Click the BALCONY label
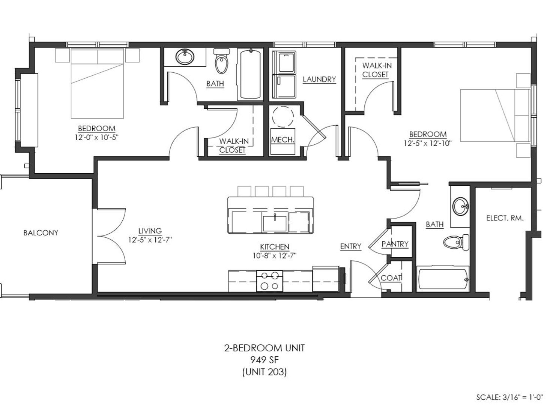click(x=41, y=233)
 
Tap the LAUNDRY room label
click(x=319, y=79)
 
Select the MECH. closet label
click(x=283, y=140)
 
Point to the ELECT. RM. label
click(x=505, y=218)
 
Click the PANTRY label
click(x=395, y=244)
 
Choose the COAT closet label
click(x=391, y=278)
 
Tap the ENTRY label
click(x=350, y=246)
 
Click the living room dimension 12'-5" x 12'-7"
click(x=150, y=240)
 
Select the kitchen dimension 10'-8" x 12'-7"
click(x=275, y=255)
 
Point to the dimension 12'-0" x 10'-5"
click(x=97, y=137)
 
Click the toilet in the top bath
click(x=221, y=61)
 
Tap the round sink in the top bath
click(x=185, y=57)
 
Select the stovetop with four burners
click(x=270, y=281)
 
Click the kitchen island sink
click(x=275, y=223)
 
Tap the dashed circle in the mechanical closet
click(x=283, y=117)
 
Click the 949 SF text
click(x=264, y=360)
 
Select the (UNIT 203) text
click(x=264, y=372)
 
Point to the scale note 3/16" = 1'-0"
click(x=523, y=397)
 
